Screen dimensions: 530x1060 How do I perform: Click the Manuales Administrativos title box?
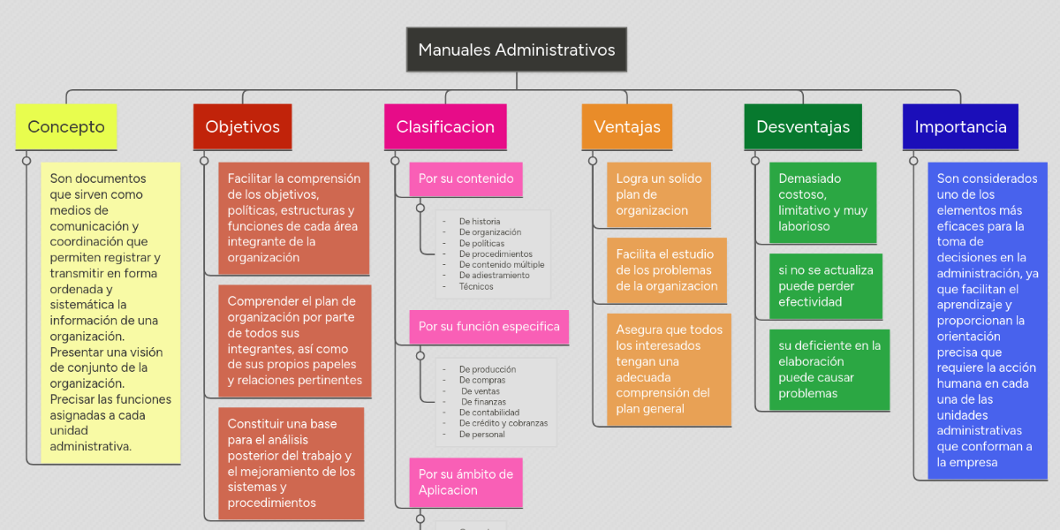point(517,49)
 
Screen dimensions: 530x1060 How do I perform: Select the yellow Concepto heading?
point(66,126)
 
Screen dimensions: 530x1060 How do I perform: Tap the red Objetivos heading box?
point(242,126)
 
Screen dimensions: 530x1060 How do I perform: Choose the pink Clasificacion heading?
point(445,126)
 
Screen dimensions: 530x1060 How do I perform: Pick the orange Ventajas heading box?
point(627,126)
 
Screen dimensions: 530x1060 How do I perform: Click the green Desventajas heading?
point(803,126)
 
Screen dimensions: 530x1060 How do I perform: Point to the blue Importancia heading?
point(960,126)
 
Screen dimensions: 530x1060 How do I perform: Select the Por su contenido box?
point(466,178)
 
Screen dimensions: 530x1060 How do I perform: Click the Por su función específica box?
point(488,326)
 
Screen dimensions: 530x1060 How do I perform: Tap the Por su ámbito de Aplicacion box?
point(466,482)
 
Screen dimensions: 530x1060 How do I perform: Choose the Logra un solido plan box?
point(658,194)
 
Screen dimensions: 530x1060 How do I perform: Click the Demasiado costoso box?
point(822,202)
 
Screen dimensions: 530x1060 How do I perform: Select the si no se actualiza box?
point(825,286)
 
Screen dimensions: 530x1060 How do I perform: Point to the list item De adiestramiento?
point(494,276)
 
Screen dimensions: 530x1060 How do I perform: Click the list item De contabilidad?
point(488,413)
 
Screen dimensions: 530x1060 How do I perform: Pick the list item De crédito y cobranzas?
point(503,423)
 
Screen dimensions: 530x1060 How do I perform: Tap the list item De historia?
point(479,222)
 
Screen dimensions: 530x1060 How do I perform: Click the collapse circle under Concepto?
point(26,161)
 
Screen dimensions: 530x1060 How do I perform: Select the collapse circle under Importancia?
point(913,161)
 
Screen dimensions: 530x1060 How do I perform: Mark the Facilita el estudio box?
point(667,270)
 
